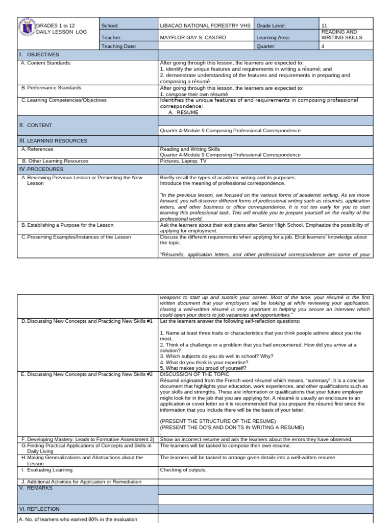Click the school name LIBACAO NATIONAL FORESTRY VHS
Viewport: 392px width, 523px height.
tap(205, 25)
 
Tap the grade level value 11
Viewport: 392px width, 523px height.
tap(325, 25)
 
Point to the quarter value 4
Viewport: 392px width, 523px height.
tap(323, 46)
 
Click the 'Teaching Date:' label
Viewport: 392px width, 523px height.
tap(118, 46)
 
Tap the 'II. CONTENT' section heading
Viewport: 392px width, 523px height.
tap(35, 125)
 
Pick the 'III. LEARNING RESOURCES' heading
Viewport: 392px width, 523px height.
tap(53, 140)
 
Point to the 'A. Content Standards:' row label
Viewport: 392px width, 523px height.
tap(46, 63)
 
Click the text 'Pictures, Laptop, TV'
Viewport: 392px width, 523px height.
tap(183, 161)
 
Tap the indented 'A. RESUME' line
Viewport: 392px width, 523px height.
tap(183, 112)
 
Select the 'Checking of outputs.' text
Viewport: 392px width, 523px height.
tap(183, 470)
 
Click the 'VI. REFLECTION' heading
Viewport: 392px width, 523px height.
tap(39, 509)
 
